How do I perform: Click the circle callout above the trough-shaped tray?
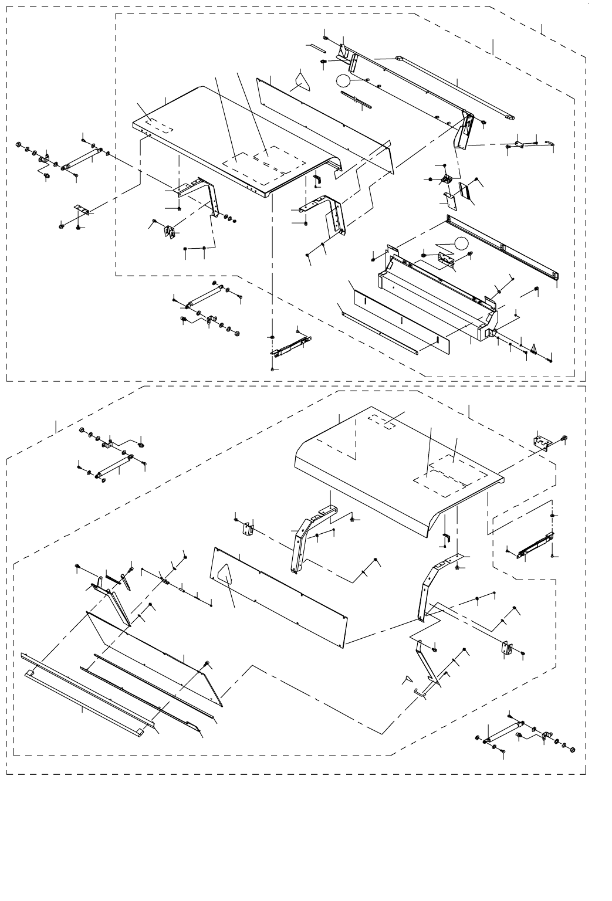[461, 244]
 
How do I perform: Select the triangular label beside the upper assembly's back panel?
[303, 79]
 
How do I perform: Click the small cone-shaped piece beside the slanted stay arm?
[404, 679]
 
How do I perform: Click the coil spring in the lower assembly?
[113, 578]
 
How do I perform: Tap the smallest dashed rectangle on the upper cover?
[160, 126]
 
